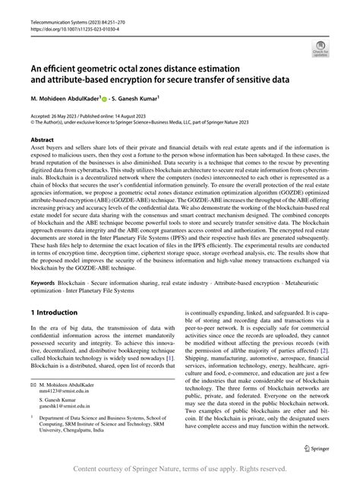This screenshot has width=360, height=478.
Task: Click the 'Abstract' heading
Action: tap(42, 141)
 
